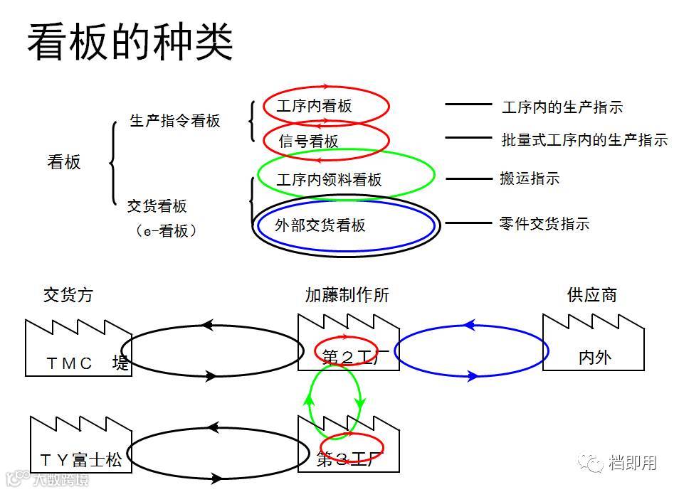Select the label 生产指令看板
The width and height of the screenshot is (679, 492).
click(x=175, y=121)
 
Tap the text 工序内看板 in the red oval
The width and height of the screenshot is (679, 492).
click(x=314, y=107)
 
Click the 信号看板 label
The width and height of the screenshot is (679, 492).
click(x=309, y=141)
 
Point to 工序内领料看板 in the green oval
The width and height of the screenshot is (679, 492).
click(x=329, y=180)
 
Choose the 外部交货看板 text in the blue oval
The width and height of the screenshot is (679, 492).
click(x=320, y=225)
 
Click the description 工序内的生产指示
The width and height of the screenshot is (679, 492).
click(x=562, y=107)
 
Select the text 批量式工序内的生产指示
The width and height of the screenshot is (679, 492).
click(x=584, y=140)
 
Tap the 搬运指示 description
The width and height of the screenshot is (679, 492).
click(x=530, y=178)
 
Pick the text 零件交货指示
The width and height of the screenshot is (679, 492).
click(x=544, y=224)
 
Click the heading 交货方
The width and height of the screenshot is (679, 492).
click(x=68, y=295)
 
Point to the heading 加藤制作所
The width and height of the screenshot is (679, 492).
click(x=347, y=295)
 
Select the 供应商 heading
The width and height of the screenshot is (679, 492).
click(x=592, y=295)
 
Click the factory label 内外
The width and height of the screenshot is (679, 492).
click(x=594, y=358)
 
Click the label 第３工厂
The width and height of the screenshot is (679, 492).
click(x=346, y=459)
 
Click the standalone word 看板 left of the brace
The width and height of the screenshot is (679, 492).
click(x=64, y=162)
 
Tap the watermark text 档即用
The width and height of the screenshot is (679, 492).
click(x=632, y=463)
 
